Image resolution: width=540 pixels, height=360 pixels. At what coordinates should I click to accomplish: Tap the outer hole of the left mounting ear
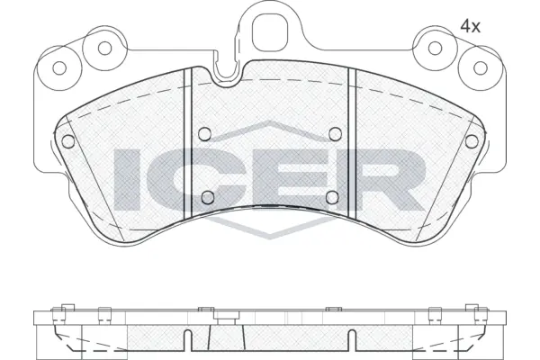pyautogui.click(x=62, y=67)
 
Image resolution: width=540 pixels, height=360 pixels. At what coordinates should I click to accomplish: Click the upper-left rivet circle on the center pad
pyautogui.click(x=205, y=133)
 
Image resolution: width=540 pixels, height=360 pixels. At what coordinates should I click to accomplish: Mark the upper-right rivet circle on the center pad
pyautogui.click(x=335, y=133)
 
